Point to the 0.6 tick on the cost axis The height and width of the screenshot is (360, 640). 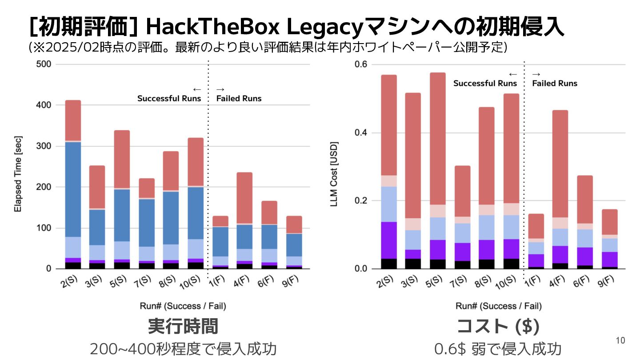[x=361, y=64]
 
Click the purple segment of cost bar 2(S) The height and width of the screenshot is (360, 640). [x=389, y=240]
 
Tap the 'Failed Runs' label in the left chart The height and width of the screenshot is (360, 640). [x=239, y=98]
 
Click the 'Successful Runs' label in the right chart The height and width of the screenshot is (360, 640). [x=485, y=83]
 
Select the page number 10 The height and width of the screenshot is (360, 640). [x=620, y=341]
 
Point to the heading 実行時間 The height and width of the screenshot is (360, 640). [x=183, y=326]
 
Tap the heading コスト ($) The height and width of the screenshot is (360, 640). [x=498, y=326]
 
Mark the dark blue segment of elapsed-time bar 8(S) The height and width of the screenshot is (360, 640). [x=171, y=217]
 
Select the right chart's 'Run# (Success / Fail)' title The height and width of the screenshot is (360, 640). [x=498, y=306]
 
